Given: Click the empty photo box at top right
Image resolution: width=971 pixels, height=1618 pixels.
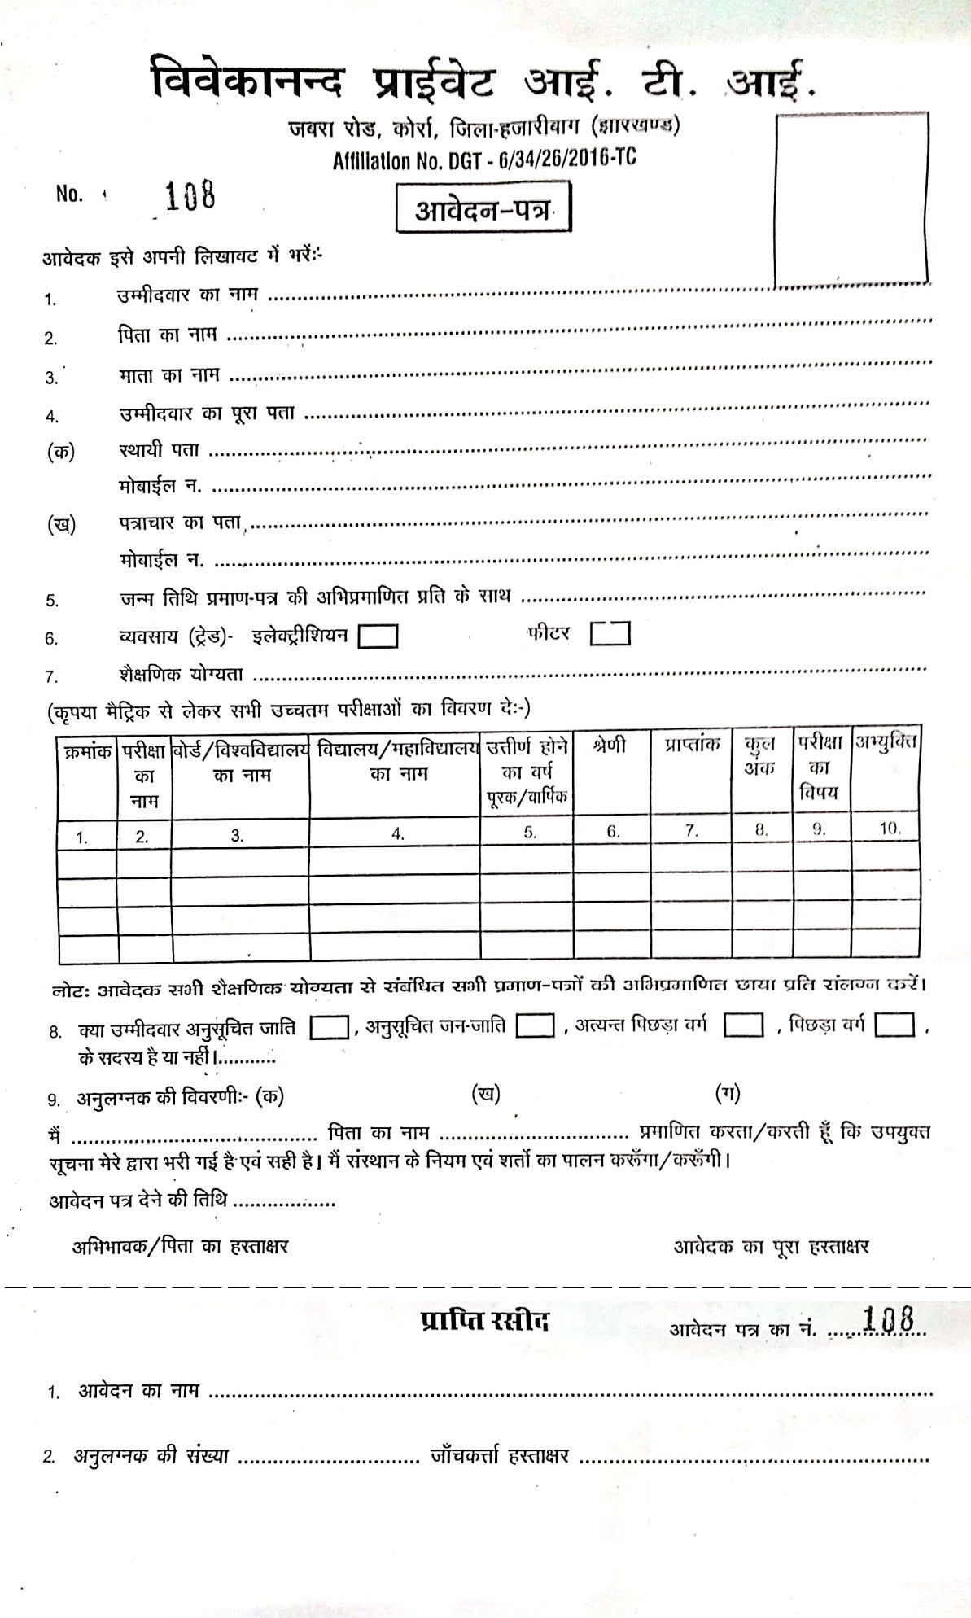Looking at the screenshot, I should (851, 200).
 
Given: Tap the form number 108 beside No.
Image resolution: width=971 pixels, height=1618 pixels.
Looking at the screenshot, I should (190, 195).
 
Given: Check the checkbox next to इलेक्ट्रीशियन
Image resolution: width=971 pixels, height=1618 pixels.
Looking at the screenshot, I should (378, 636).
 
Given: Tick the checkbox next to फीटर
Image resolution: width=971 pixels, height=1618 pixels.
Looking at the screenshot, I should (610, 633).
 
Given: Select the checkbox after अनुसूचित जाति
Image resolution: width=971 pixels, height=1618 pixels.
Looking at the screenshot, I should (330, 1027).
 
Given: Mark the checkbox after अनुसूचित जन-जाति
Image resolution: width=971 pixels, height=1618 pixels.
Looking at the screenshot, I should (536, 1026).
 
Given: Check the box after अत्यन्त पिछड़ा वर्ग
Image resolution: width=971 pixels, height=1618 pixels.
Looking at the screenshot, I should (743, 1025).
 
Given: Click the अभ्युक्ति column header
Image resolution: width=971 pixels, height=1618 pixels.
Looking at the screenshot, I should (886, 742).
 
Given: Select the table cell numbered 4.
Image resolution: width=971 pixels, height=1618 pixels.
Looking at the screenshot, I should (396, 833).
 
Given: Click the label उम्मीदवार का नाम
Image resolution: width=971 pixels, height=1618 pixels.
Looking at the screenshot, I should (188, 295).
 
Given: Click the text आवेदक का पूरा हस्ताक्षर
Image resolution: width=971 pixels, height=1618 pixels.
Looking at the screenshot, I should (771, 1246).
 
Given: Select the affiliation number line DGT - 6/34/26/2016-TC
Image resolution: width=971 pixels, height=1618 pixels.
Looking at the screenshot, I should (484, 160).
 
